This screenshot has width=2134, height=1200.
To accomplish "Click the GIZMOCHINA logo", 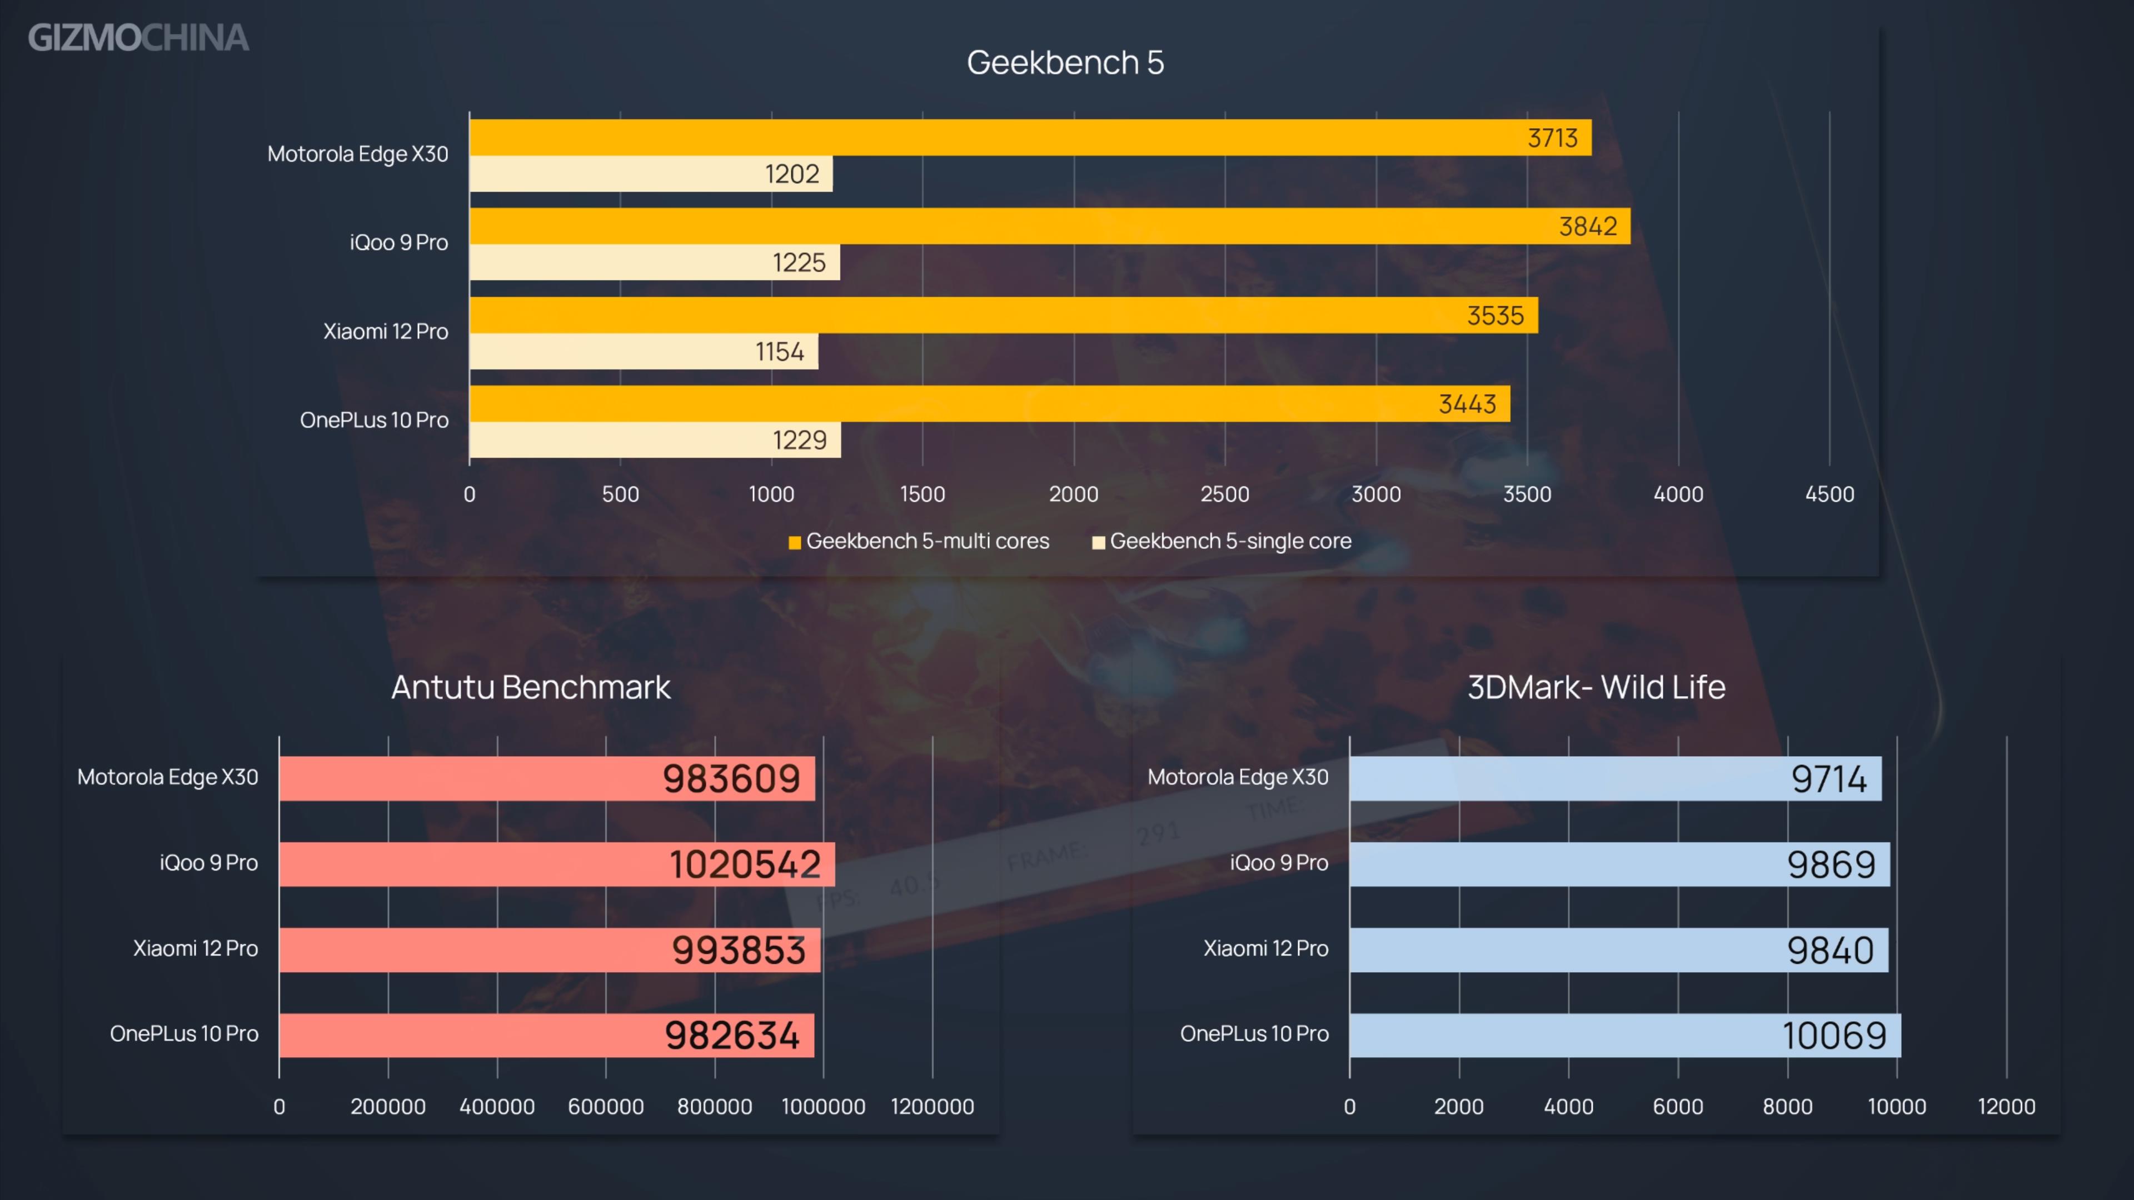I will (138, 38).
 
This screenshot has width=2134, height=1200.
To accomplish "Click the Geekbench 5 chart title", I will (1065, 63).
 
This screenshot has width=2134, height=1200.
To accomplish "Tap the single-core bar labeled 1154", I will (643, 351).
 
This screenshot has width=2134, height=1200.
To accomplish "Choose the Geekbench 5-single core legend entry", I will (1222, 542).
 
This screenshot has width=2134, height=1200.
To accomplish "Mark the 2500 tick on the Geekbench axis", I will (1224, 494).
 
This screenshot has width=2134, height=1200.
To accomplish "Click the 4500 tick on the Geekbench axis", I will (1829, 494).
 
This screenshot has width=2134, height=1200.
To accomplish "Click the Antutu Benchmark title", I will (530, 687).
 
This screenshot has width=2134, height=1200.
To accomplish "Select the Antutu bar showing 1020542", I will (557, 864).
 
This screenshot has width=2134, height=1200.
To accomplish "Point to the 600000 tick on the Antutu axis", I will (606, 1107).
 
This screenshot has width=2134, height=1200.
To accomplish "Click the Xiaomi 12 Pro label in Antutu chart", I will (196, 948).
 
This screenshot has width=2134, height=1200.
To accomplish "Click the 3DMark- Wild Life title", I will (1595, 687).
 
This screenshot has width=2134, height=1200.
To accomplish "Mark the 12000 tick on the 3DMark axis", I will (2006, 1107).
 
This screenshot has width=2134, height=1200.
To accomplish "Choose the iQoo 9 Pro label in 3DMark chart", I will (1278, 863).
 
